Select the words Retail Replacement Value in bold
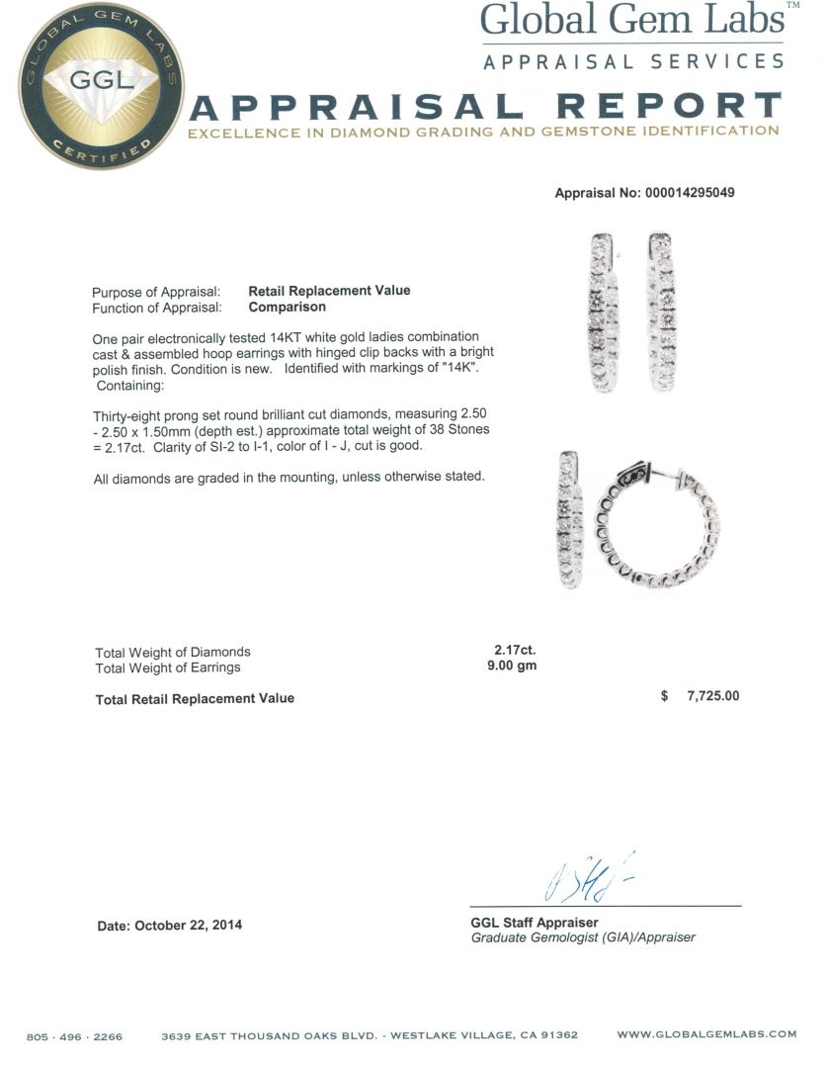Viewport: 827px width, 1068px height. point(329,291)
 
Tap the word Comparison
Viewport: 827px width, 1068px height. point(288,307)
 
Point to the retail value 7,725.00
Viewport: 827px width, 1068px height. point(712,696)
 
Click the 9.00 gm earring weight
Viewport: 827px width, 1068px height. point(512,667)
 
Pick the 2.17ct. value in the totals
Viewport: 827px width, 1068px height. point(514,651)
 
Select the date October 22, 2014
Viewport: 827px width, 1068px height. point(188,926)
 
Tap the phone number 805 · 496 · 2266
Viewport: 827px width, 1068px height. point(74,1036)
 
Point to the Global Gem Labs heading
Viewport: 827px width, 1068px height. point(632,21)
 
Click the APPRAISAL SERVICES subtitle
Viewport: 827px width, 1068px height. point(633,61)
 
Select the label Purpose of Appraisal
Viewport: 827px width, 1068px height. point(156,293)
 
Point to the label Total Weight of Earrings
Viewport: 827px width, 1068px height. point(168,667)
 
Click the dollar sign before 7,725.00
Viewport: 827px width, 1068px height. point(664,696)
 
